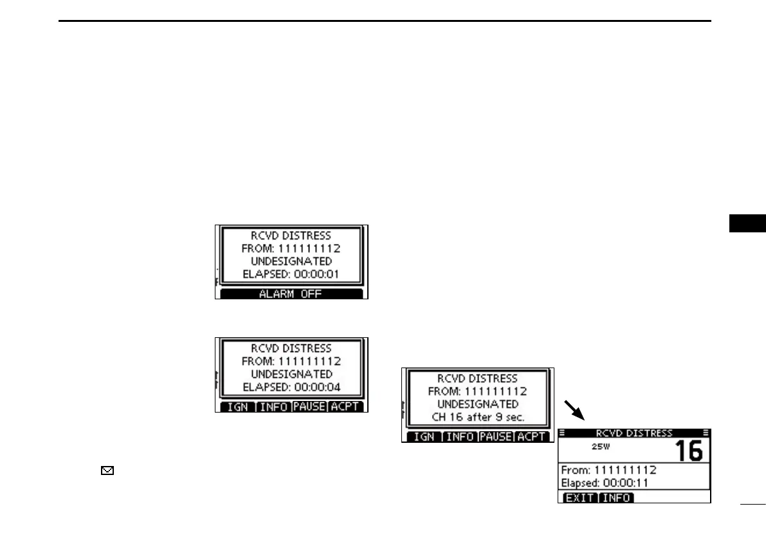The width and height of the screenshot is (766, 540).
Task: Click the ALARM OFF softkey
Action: pos(291,294)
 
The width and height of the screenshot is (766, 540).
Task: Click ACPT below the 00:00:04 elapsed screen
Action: pos(344,407)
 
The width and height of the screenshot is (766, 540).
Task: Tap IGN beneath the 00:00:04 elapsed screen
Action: pos(237,407)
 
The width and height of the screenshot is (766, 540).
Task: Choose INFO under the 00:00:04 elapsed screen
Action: pos(273,407)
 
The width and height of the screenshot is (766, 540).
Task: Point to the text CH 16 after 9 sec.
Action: pos(477,417)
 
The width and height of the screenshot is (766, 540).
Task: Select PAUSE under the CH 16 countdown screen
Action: pos(495,436)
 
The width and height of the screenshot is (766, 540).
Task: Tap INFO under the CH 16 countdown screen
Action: pos(460,436)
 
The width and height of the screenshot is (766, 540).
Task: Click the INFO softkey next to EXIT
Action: pos(616,498)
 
